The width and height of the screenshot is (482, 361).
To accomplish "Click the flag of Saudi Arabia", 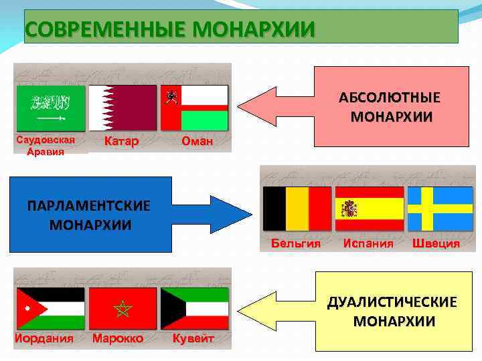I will coord(50,107).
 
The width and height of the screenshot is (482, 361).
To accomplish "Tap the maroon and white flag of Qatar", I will coord(123,107).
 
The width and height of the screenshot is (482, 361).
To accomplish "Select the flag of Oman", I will coord(195,107).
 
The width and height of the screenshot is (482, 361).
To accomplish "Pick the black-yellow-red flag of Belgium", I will coord(297,208).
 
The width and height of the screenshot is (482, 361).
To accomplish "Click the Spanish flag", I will coord(369,208).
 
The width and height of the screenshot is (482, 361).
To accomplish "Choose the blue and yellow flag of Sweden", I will coord(440,208).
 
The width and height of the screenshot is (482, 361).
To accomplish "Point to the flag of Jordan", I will coord(50,308).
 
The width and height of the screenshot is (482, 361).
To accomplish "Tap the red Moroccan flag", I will coord(123,308).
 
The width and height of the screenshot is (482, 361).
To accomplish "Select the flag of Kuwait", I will coord(195,308).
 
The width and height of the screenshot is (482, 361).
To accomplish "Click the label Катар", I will coord(122,141).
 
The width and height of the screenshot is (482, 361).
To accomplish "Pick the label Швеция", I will coord(436,243).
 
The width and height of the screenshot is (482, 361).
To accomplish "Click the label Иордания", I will coord(44,338).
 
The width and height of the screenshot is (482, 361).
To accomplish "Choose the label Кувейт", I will coord(193,338).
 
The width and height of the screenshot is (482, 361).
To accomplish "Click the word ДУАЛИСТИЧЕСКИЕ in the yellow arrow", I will coord(392,303).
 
